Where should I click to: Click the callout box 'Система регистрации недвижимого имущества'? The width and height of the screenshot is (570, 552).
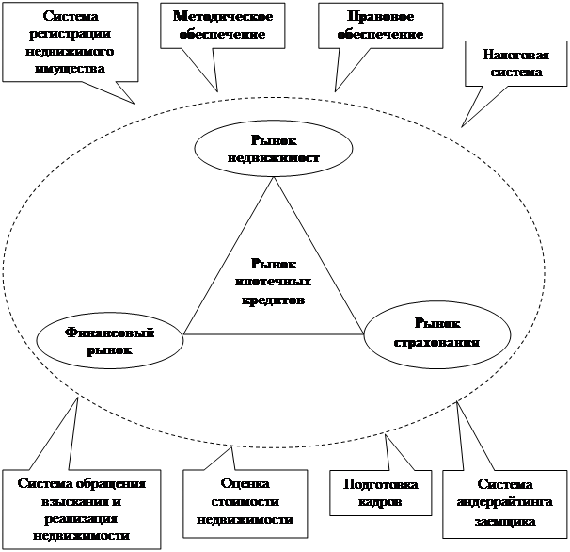[x=67, y=41]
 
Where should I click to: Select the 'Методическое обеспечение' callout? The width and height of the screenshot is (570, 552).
[x=222, y=26]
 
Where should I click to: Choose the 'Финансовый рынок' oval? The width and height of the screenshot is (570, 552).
[x=111, y=340]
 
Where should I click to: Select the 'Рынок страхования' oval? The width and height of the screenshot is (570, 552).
[x=436, y=333]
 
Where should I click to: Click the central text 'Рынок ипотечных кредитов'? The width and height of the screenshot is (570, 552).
[x=274, y=282]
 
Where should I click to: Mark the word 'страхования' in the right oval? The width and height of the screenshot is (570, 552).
[x=436, y=342]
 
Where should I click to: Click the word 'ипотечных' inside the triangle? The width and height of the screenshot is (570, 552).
[x=274, y=282]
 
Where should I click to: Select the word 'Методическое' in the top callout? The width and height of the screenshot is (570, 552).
[x=222, y=18]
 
